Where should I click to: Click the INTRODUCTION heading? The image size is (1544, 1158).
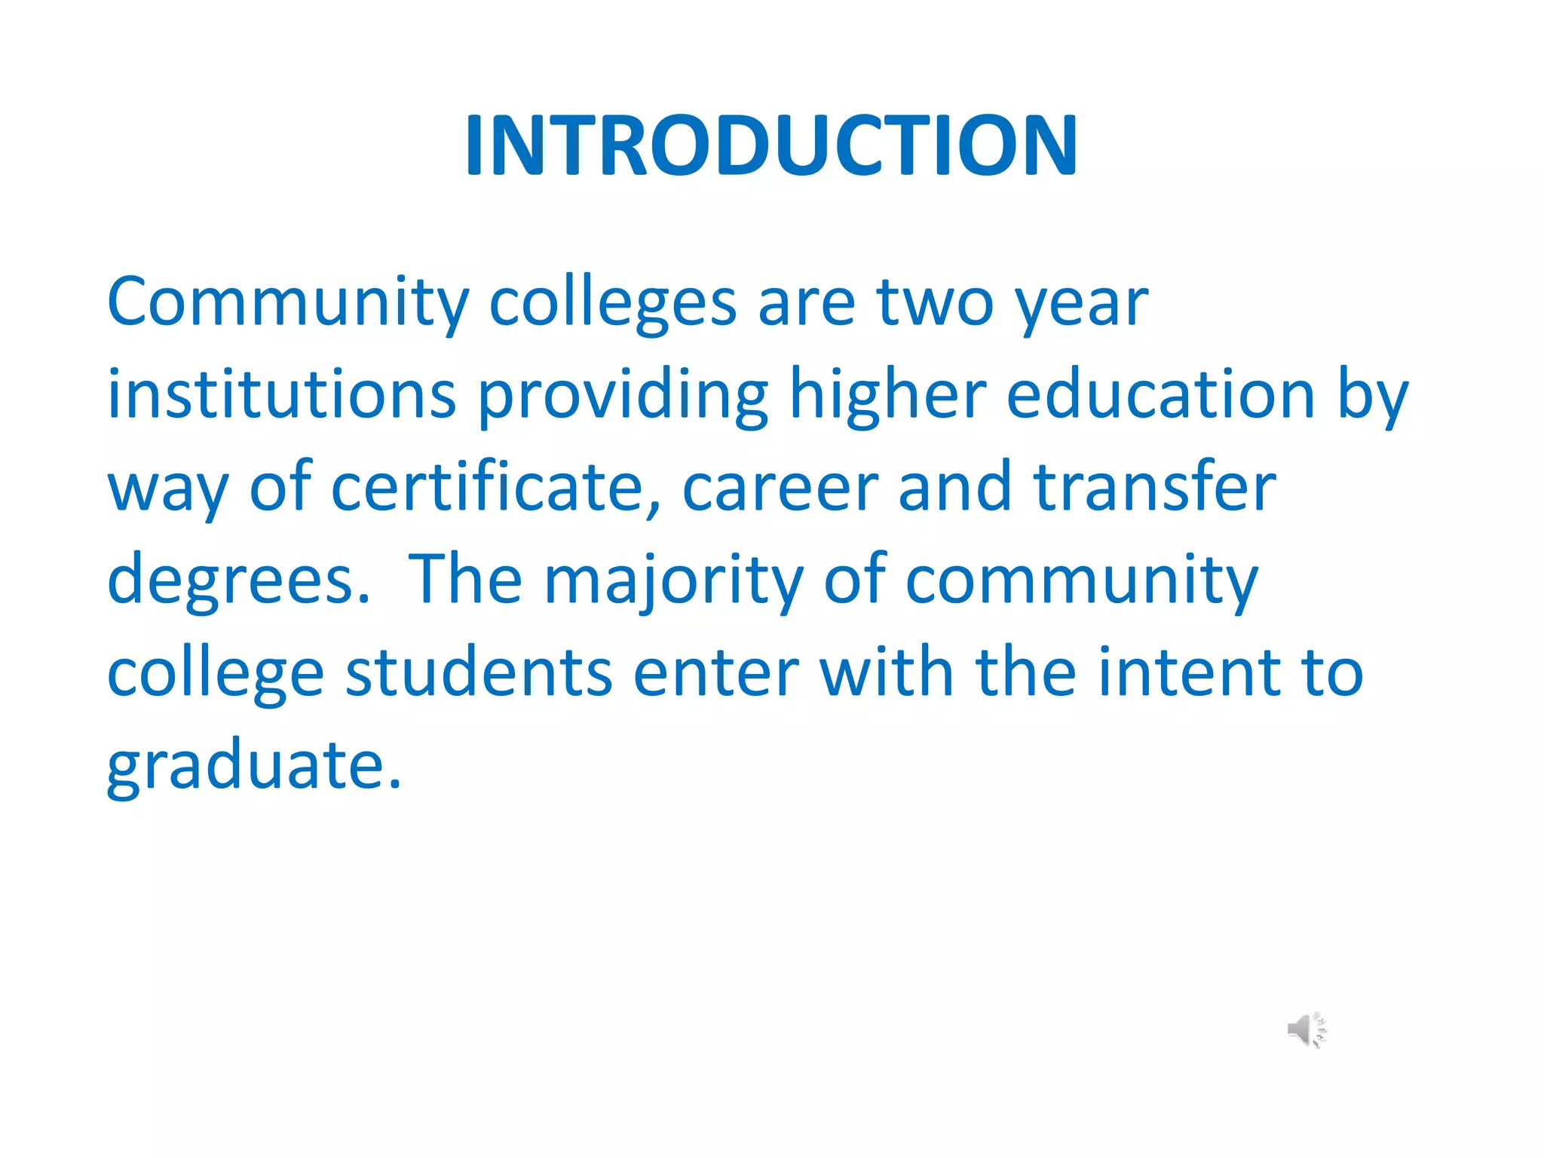pyautogui.click(x=771, y=145)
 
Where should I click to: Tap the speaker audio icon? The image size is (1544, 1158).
pyautogui.click(x=1307, y=1030)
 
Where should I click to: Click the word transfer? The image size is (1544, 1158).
pyautogui.click(x=1154, y=487)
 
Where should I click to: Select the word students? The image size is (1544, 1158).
pyautogui.click(x=479, y=672)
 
